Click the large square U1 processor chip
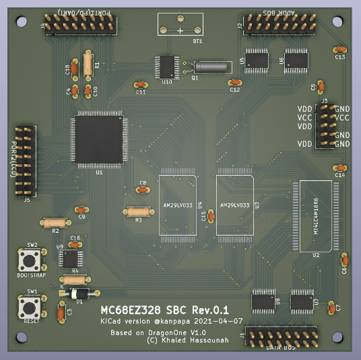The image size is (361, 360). coord(98,139)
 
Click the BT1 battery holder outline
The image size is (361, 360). coord(179,26)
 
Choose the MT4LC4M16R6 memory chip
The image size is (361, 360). coord(315,215)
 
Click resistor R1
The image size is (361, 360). coord(88,65)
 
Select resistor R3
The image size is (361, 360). coord(139,212)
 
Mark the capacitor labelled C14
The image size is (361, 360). coord(339,168)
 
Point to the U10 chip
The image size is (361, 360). coord(167,67)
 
